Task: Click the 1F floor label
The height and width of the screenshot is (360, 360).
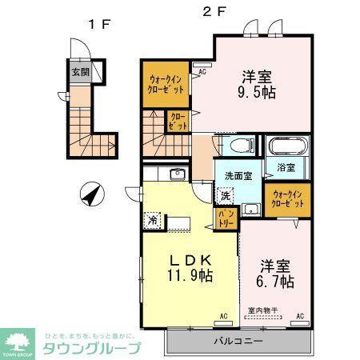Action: pyautogui.click(x=100, y=24)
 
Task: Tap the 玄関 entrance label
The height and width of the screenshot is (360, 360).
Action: pyautogui.click(x=81, y=70)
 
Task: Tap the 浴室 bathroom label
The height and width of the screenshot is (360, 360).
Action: pyautogui.click(x=286, y=168)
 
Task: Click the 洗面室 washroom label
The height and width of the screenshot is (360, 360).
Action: pyautogui.click(x=238, y=176)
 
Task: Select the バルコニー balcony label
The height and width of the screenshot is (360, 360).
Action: pyautogui.click(x=238, y=342)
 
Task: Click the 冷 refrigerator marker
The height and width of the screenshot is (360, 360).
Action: pyautogui.click(x=151, y=218)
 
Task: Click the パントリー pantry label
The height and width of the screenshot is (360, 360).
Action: pyautogui.click(x=225, y=219)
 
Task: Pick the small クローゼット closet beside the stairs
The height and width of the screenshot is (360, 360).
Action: pyautogui.click(x=178, y=122)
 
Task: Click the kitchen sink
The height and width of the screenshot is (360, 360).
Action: pyautogui.click(x=177, y=174)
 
